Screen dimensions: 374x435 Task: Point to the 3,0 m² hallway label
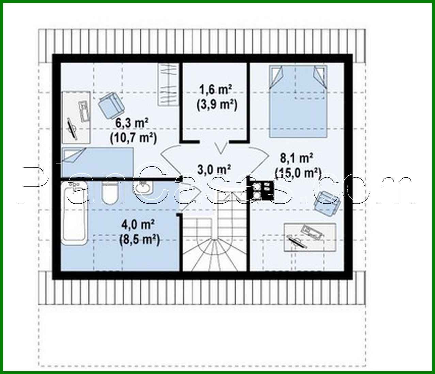coord(215,169)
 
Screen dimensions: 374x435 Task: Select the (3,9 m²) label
coord(217,105)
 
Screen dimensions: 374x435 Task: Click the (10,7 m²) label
coord(133,138)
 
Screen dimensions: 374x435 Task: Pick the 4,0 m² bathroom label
coord(139,224)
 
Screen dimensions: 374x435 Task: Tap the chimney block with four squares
coord(262,190)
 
